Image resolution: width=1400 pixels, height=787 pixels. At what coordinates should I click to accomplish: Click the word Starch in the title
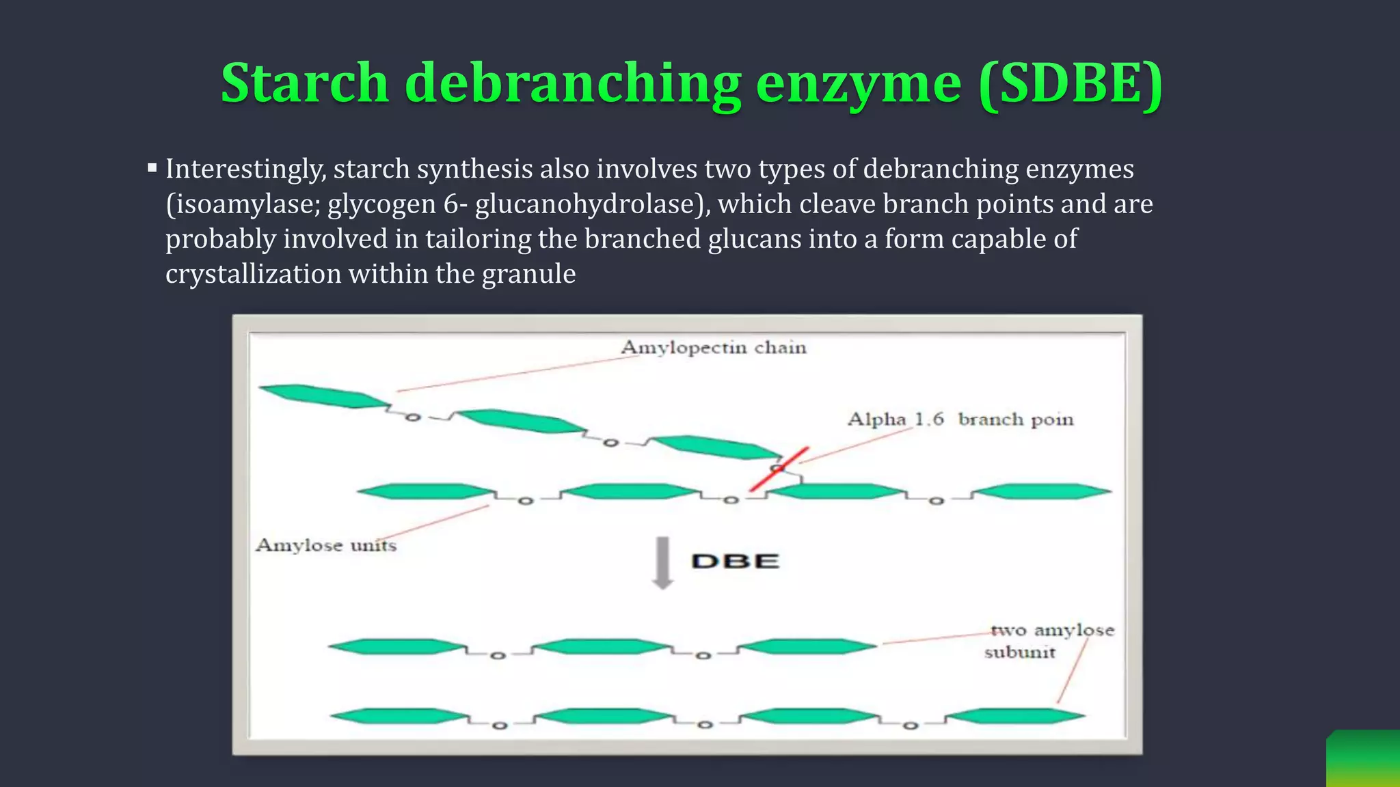[x=305, y=83]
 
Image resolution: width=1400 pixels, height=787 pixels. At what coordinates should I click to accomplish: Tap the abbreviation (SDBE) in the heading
[x=1070, y=83]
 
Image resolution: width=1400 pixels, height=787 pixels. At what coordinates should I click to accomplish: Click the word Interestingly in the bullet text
[x=245, y=169]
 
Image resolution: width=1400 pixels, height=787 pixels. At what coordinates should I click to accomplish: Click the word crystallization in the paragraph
[x=253, y=274]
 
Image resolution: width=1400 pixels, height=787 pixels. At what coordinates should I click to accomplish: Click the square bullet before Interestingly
[x=152, y=167]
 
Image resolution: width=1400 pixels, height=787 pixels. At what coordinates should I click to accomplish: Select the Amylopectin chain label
[x=713, y=348]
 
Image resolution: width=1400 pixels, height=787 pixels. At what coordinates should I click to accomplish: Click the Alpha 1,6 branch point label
[x=960, y=419]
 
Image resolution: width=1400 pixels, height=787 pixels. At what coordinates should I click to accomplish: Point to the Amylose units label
[x=325, y=545]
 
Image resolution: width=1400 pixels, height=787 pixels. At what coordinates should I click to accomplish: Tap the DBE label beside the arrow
[x=735, y=562]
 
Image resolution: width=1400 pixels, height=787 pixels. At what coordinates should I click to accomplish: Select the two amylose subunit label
[x=1051, y=640]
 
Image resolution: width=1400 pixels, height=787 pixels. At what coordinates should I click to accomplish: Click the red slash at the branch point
[x=779, y=469]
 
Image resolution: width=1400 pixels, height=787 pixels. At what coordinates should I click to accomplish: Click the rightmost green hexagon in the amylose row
[x=1041, y=491]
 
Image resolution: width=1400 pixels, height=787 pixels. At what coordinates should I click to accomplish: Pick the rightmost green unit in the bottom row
[x=1015, y=716]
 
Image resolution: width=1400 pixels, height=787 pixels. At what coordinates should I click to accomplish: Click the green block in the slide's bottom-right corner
[x=1364, y=759]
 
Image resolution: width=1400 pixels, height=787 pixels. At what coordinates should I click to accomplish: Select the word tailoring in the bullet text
[x=478, y=239]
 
